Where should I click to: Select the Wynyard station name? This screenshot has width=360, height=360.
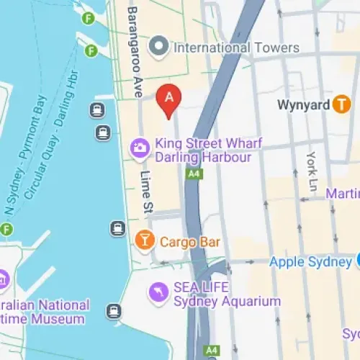(x=303, y=105)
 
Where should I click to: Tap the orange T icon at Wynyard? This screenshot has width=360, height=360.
(x=341, y=105)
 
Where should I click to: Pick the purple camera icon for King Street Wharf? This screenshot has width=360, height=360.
(x=139, y=149)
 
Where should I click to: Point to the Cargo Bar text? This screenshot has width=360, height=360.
(x=189, y=242)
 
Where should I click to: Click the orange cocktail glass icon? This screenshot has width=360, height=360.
(x=144, y=240)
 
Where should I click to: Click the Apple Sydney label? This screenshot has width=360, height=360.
(x=310, y=261)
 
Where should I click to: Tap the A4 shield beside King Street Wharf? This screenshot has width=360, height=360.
(x=193, y=174)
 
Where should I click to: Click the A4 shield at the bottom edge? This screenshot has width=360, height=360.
(x=211, y=351)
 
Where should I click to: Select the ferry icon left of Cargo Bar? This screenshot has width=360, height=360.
(x=117, y=228)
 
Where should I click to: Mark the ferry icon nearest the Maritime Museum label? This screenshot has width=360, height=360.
(x=113, y=311)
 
